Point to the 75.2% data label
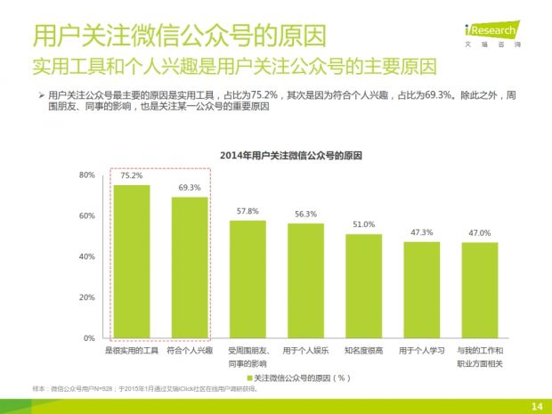132,176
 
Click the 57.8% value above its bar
248,211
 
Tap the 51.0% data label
363,224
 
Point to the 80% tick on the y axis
86,175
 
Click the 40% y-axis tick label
86,256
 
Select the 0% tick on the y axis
89,338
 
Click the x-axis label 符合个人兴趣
190,352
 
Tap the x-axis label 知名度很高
363,352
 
